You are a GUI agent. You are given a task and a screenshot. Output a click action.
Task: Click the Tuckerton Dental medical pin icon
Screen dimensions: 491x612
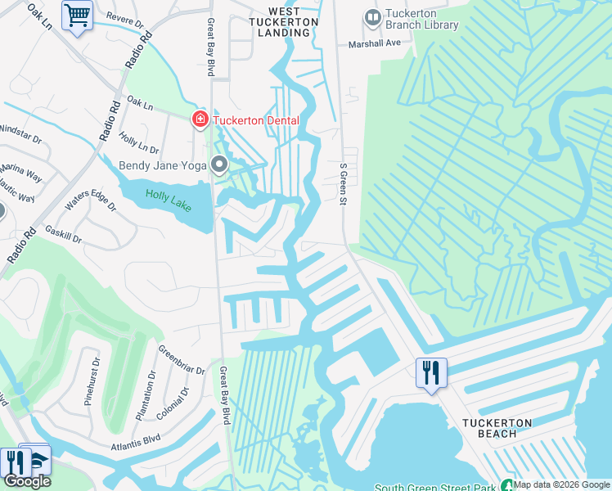(x=199, y=120)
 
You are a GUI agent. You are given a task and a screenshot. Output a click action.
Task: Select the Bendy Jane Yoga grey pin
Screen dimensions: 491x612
(x=219, y=165)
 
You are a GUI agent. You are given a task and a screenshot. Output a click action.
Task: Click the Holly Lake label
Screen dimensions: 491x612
(x=168, y=200)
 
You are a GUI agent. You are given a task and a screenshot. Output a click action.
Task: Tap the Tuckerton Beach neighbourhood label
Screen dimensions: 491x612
(x=497, y=428)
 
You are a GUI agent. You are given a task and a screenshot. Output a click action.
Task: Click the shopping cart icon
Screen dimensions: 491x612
(x=77, y=14)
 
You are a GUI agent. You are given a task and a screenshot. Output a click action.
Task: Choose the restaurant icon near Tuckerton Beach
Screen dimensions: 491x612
(x=430, y=372)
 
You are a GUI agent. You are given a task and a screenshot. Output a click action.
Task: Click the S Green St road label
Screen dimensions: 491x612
(x=344, y=184)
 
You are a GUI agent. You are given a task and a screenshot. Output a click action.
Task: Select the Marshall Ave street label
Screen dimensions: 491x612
(x=376, y=44)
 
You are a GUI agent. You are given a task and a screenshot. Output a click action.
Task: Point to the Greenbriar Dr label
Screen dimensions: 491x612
(x=181, y=359)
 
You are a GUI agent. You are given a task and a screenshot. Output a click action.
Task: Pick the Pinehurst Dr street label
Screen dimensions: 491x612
(x=91, y=381)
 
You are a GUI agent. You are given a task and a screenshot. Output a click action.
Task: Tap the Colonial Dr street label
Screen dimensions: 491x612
(x=173, y=402)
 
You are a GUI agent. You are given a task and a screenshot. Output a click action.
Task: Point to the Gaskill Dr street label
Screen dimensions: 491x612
(x=64, y=235)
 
